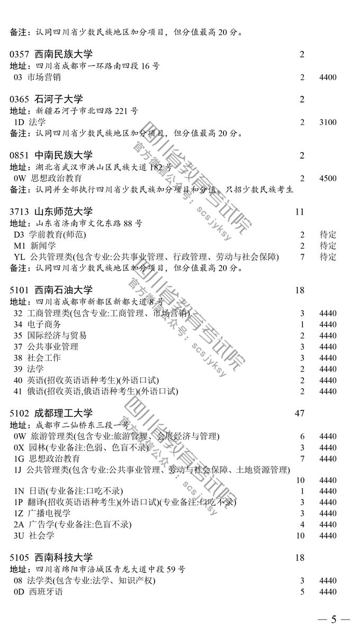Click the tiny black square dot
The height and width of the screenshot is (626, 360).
tap(302, 53)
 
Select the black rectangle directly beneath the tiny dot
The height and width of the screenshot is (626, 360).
tap(318, 99)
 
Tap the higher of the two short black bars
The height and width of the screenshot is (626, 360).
tap(229, 32)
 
